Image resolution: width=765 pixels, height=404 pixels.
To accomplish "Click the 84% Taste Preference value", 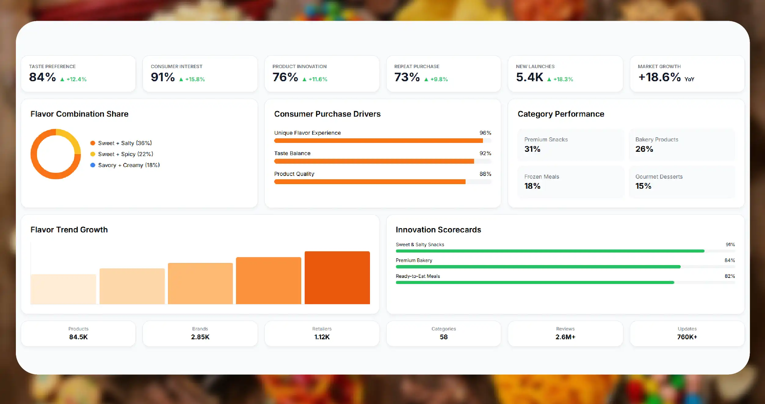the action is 42,77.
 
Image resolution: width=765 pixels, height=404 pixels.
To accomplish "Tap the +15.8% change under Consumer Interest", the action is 195,79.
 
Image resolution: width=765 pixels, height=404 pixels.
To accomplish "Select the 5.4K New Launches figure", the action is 530,77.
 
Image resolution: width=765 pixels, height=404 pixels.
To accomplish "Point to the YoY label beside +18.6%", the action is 689,79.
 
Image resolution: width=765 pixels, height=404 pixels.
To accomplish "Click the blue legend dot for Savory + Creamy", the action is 93,165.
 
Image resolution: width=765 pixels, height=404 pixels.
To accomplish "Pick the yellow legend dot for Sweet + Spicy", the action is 93,154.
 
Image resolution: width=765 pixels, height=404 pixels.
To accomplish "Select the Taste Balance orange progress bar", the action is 374,161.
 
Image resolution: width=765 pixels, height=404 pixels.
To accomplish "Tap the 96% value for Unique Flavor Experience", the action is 485,133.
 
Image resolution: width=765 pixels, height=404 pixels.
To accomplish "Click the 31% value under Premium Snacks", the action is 532,149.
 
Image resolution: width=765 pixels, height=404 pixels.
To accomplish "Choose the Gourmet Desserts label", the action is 659,177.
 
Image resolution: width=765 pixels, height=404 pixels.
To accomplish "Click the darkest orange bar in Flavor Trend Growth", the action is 337,278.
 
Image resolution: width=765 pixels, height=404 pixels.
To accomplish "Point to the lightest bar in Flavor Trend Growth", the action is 63,289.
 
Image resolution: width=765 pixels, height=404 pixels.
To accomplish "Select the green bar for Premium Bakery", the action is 538,267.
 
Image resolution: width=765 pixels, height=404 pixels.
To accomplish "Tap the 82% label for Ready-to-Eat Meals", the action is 730,276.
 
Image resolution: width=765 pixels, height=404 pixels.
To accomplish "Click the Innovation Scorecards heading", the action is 438,230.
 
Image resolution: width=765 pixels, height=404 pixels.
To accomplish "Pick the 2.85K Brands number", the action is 200,337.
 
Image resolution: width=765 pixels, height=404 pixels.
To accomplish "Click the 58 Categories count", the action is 444,337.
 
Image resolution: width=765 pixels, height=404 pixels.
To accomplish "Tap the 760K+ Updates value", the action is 687,337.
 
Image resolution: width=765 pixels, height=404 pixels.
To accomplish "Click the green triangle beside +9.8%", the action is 426,79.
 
